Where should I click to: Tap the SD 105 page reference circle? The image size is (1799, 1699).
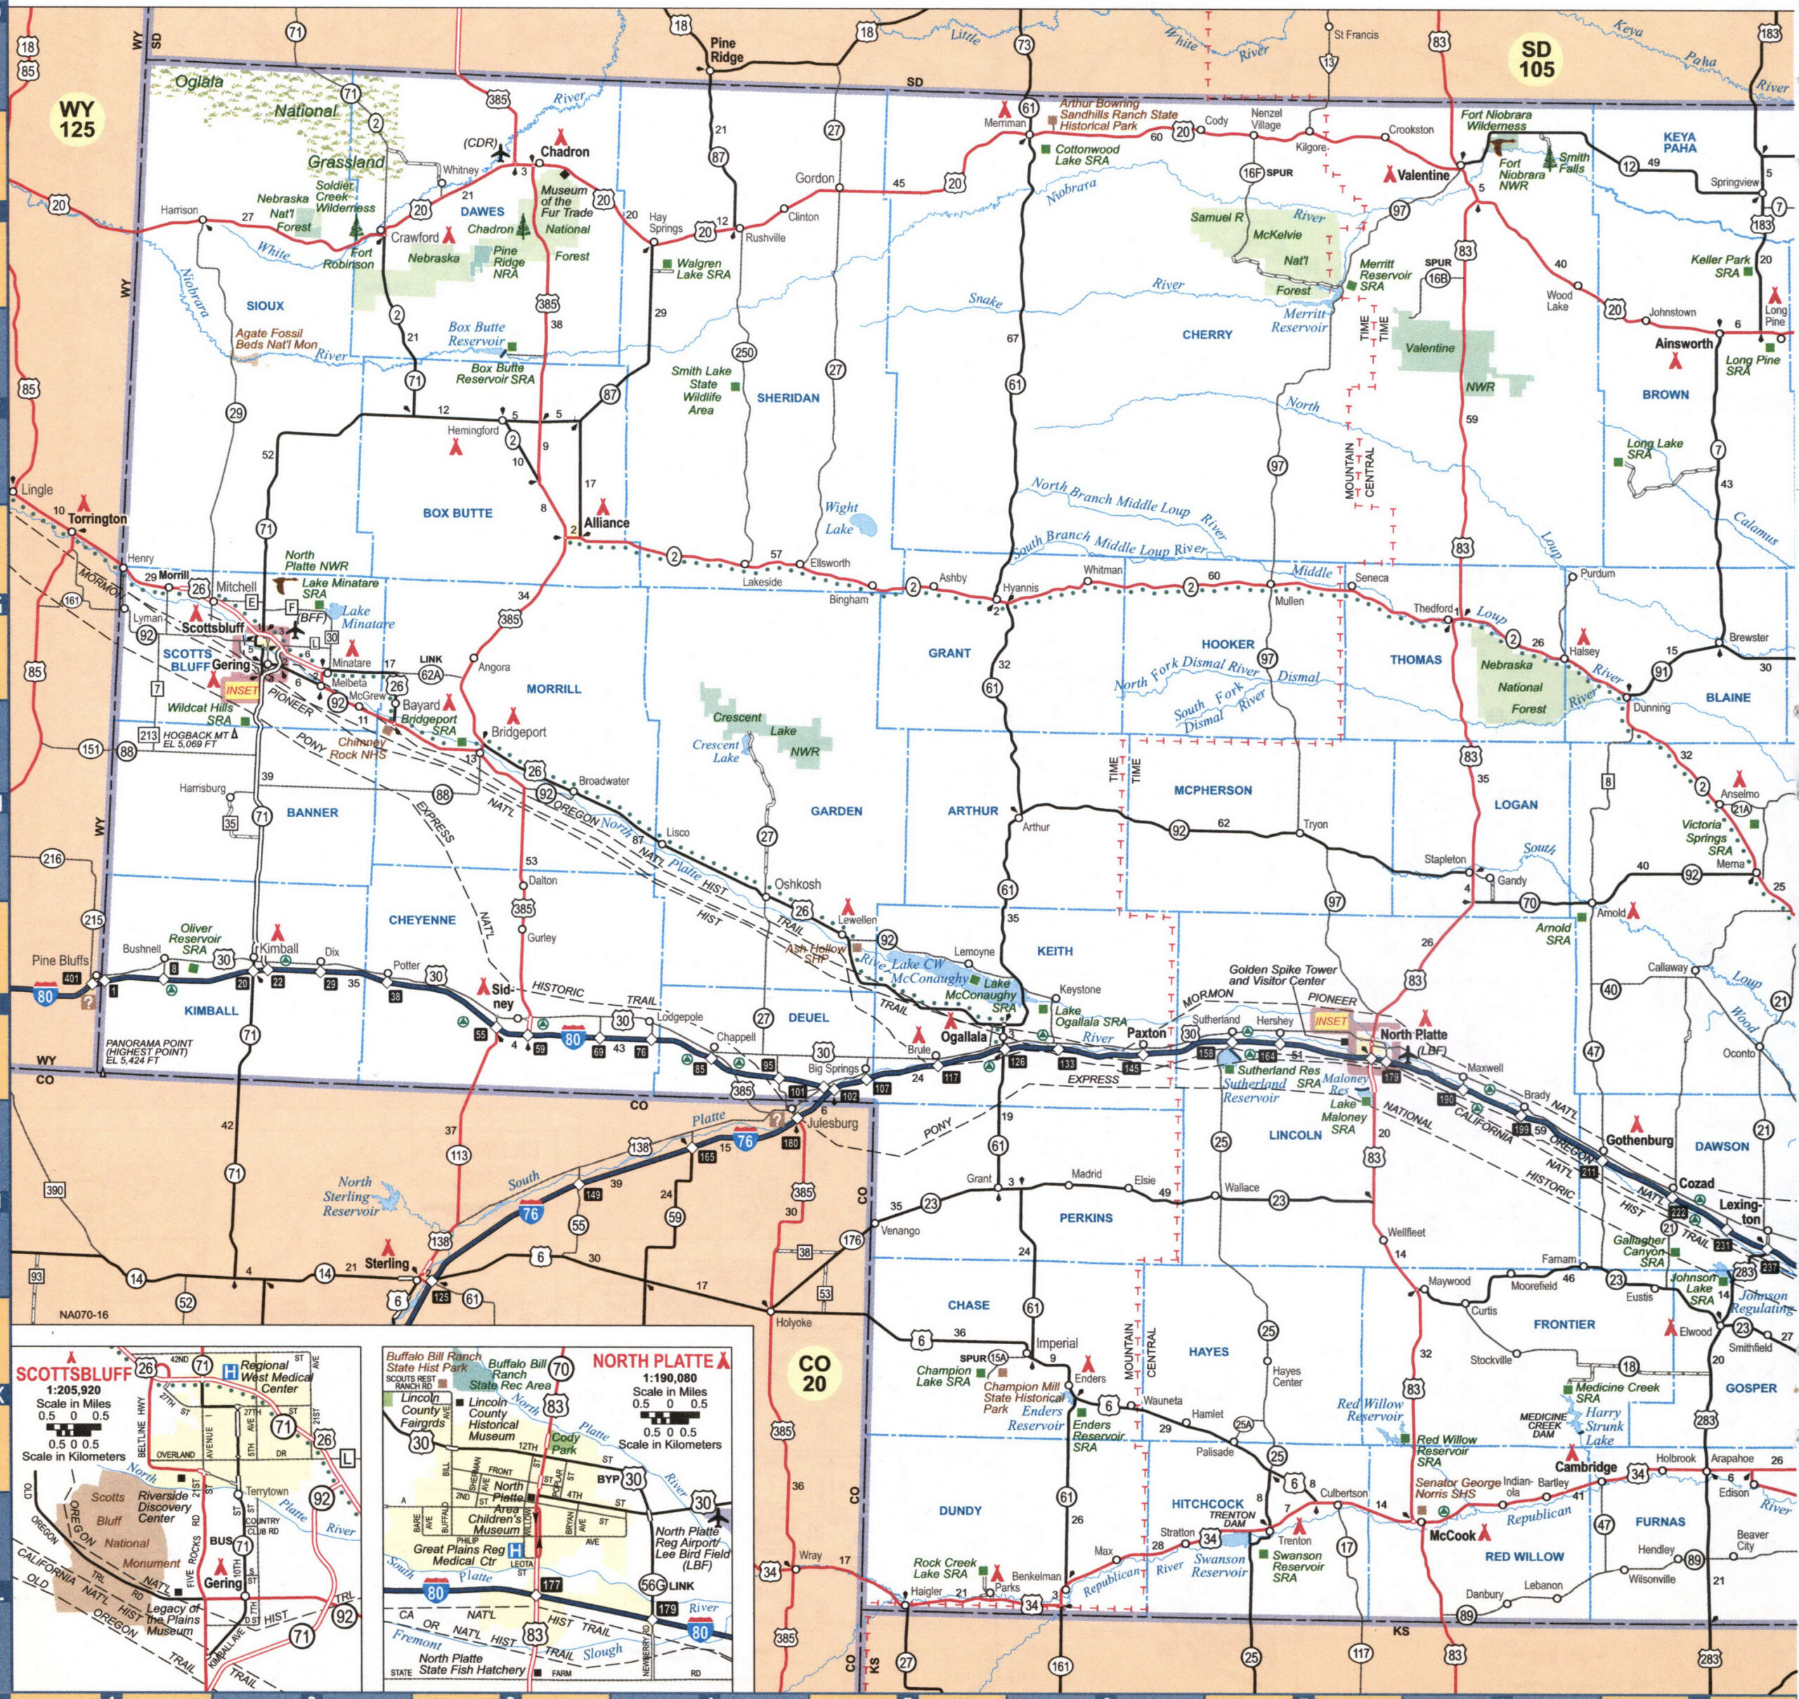[1536, 59]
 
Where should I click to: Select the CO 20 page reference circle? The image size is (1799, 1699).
[815, 1373]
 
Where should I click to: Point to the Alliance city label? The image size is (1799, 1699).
[606, 523]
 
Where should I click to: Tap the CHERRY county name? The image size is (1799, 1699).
[1207, 334]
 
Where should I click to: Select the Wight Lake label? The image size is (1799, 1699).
[840, 517]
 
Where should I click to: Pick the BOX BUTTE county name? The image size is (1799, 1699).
[457, 513]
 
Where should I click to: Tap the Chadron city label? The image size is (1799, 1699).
[564, 152]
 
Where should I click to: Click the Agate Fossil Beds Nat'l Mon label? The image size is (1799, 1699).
[276, 339]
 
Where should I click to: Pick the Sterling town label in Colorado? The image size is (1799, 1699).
[387, 1263]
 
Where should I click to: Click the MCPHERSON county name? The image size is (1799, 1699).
[1213, 790]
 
